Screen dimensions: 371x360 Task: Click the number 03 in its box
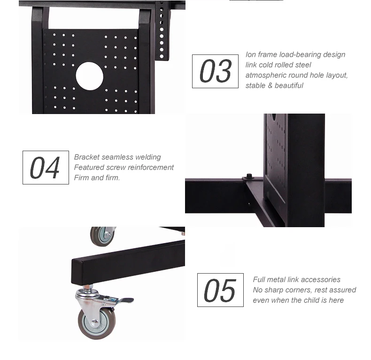(x=215, y=71)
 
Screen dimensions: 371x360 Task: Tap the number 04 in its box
(x=45, y=168)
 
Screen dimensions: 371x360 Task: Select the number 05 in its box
(x=220, y=290)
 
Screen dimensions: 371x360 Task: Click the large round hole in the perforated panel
(x=89, y=76)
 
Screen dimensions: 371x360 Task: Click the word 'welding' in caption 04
(x=148, y=157)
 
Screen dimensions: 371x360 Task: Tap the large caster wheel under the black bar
(x=97, y=323)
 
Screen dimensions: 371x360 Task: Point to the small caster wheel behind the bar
(x=102, y=237)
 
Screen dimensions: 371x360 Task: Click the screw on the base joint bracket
(x=249, y=176)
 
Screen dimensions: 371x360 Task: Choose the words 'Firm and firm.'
(x=97, y=177)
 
